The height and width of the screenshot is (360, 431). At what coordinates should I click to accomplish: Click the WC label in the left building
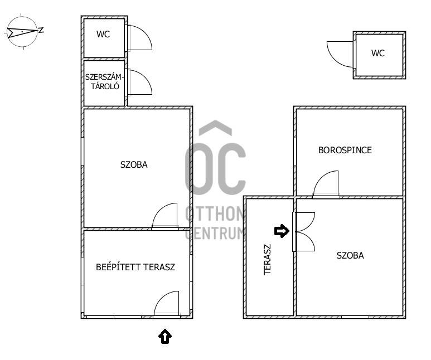[103, 35]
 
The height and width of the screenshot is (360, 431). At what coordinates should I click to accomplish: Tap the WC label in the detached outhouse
[378, 53]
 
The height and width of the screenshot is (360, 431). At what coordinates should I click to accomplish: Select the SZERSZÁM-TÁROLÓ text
[104, 81]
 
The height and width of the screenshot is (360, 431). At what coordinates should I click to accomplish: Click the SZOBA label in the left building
[134, 164]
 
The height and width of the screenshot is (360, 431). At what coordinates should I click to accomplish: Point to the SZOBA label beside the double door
[350, 256]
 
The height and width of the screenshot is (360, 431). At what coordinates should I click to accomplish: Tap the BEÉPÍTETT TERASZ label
[135, 267]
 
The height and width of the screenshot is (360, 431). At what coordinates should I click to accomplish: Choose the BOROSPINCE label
[345, 150]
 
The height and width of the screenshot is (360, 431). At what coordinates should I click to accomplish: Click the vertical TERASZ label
[267, 260]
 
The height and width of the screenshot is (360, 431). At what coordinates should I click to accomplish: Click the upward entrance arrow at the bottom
[165, 336]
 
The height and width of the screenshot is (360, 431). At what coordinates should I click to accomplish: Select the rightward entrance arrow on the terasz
[282, 231]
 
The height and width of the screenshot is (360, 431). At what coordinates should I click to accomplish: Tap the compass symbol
[22, 32]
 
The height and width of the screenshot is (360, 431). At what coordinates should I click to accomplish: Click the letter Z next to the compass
[41, 30]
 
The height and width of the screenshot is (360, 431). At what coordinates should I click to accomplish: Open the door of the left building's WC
[139, 37]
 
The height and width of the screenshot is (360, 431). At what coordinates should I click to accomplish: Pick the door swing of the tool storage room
[139, 82]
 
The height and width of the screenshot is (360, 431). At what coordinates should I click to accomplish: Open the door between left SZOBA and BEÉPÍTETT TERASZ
[165, 216]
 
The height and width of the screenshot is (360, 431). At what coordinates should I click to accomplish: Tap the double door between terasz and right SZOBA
[304, 232]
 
